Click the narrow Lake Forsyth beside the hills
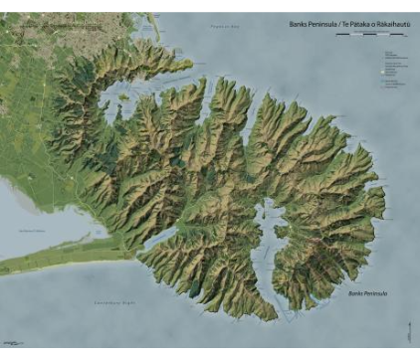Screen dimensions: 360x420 click(159, 239)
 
